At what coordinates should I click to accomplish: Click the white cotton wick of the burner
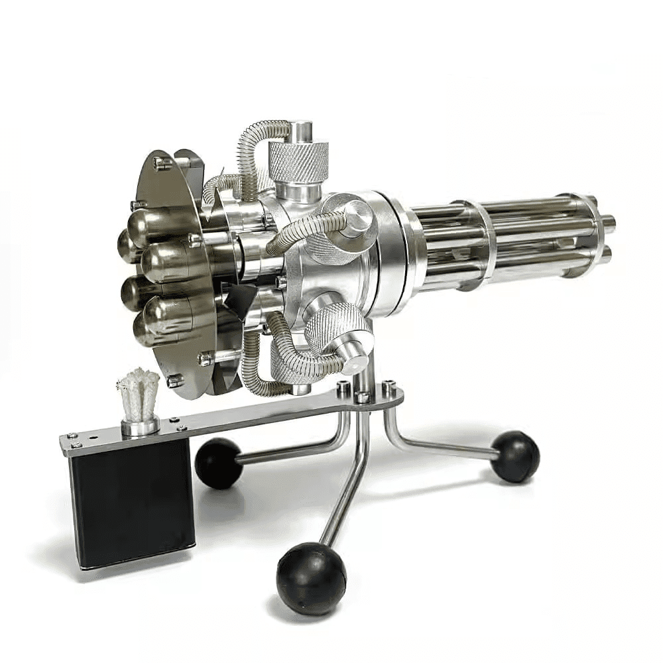[x=139, y=394]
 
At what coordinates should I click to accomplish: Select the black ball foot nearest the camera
[x=311, y=577]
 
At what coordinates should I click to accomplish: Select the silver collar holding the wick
[x=139, y=426]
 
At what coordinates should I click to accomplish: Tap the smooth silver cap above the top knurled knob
[x=301, y=131]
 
